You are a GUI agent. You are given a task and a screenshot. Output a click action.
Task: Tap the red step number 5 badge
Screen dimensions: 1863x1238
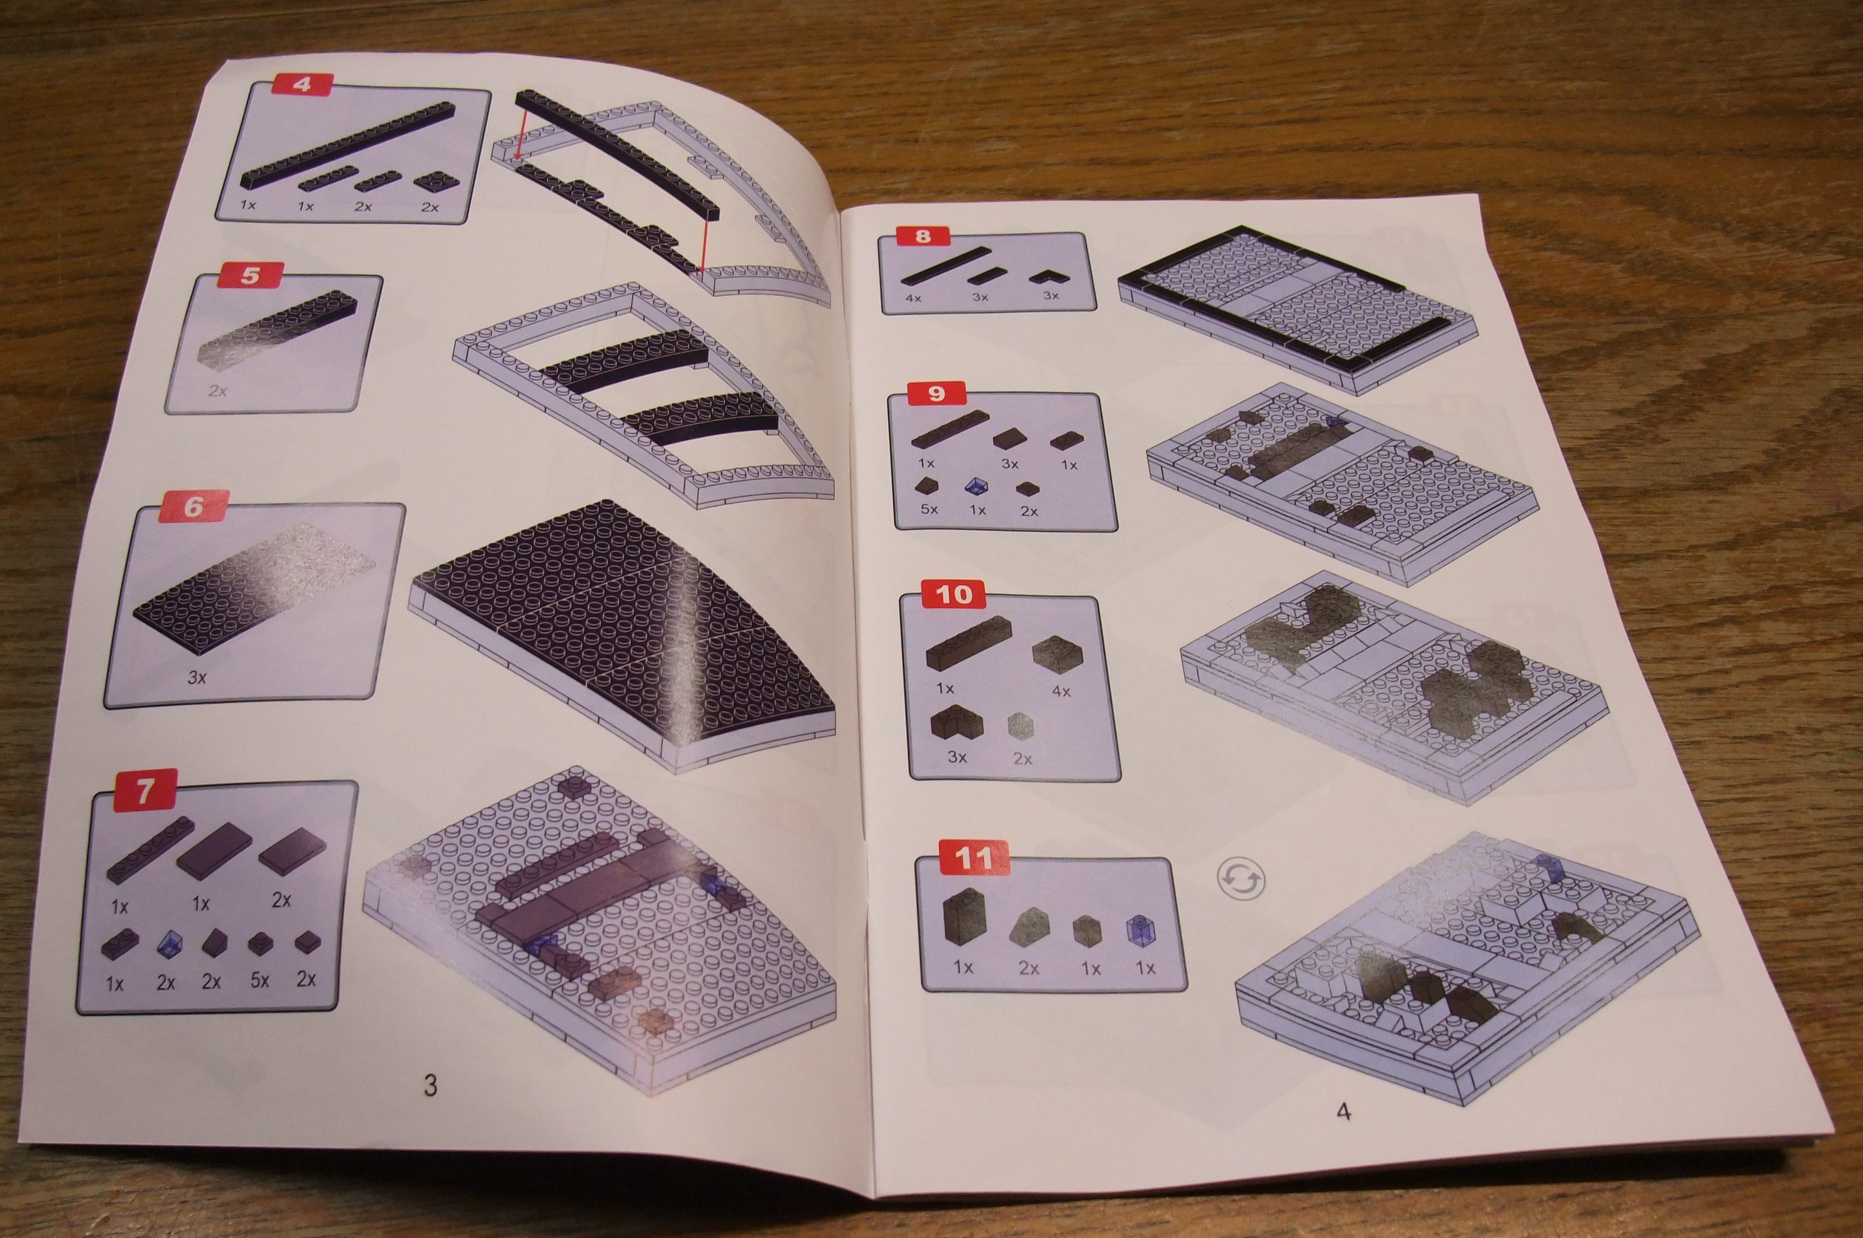point(250,276)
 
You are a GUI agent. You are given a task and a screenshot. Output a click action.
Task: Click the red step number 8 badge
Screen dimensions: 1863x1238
point(924,235)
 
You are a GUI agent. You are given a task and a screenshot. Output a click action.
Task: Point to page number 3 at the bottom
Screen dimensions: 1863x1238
point(430,1085)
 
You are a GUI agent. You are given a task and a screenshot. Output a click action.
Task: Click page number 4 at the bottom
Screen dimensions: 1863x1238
point(1343,1111)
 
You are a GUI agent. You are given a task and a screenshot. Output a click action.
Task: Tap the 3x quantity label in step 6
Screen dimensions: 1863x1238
point(196,677)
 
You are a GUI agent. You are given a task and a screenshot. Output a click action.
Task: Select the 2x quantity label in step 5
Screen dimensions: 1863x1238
point(217,390)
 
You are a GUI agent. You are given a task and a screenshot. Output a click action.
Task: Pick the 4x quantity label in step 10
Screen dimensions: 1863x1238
point(1062,691)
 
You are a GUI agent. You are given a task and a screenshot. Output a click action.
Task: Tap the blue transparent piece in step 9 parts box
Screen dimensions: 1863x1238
point(976,485)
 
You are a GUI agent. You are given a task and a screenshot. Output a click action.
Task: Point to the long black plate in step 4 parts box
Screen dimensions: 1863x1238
point(348,147)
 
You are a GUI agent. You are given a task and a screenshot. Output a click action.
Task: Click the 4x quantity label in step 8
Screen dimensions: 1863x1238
point(914,298)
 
